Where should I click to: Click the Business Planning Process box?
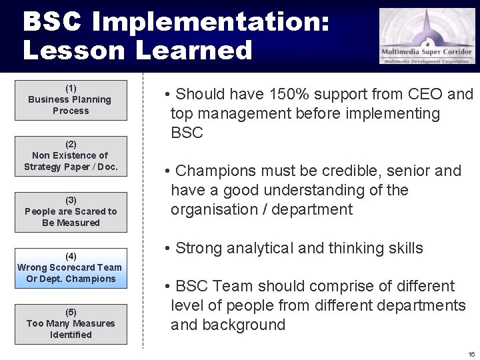(x=71, y=100)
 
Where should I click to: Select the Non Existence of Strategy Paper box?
(x=71, y=156)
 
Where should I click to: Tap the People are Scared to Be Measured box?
(x=71, y=212)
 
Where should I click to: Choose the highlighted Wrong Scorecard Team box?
(x=71, y=268)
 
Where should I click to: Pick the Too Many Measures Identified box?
(x=71, y=324)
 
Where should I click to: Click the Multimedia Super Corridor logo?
(x=427, y=36)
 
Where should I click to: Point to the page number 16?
(x=471, y=354)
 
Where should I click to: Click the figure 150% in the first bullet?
(x=293, y=95)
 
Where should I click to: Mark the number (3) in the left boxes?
(x=71, y=200)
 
